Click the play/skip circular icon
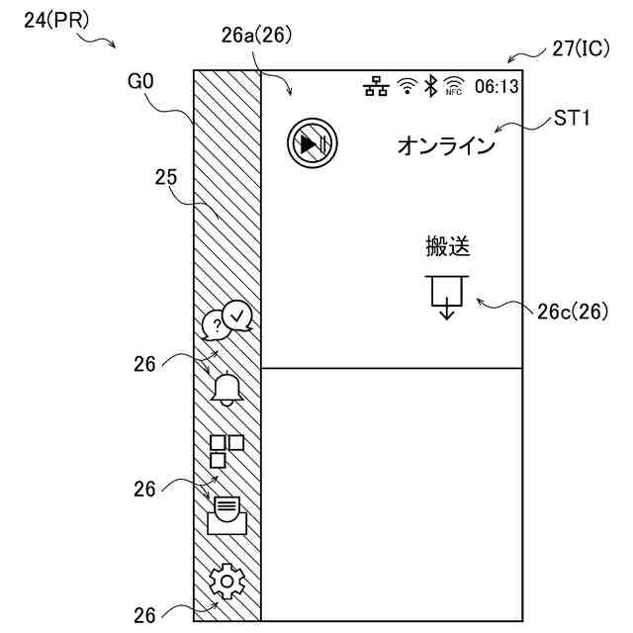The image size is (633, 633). click(x=313, y=144)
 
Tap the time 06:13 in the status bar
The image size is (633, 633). click(x=497, y=87)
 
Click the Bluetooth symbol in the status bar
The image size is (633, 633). click(x=430, y=86)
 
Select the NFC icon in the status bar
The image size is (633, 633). click(x=454, y=86)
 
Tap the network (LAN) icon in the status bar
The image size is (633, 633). click(x=376, y=87)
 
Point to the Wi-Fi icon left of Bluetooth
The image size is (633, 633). click(x=406, y=87)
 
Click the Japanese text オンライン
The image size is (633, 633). click(x=445, y=146)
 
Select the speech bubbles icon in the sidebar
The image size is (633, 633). click(x=228, y=320)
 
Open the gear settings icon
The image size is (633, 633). click(x=227, y=582)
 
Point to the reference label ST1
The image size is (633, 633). click(x=572, y=120)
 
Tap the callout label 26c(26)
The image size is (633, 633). click(x=572, y=312)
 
